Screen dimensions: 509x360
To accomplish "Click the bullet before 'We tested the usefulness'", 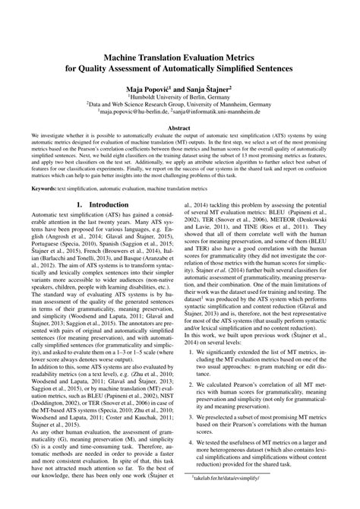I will (x=192, y=458).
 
